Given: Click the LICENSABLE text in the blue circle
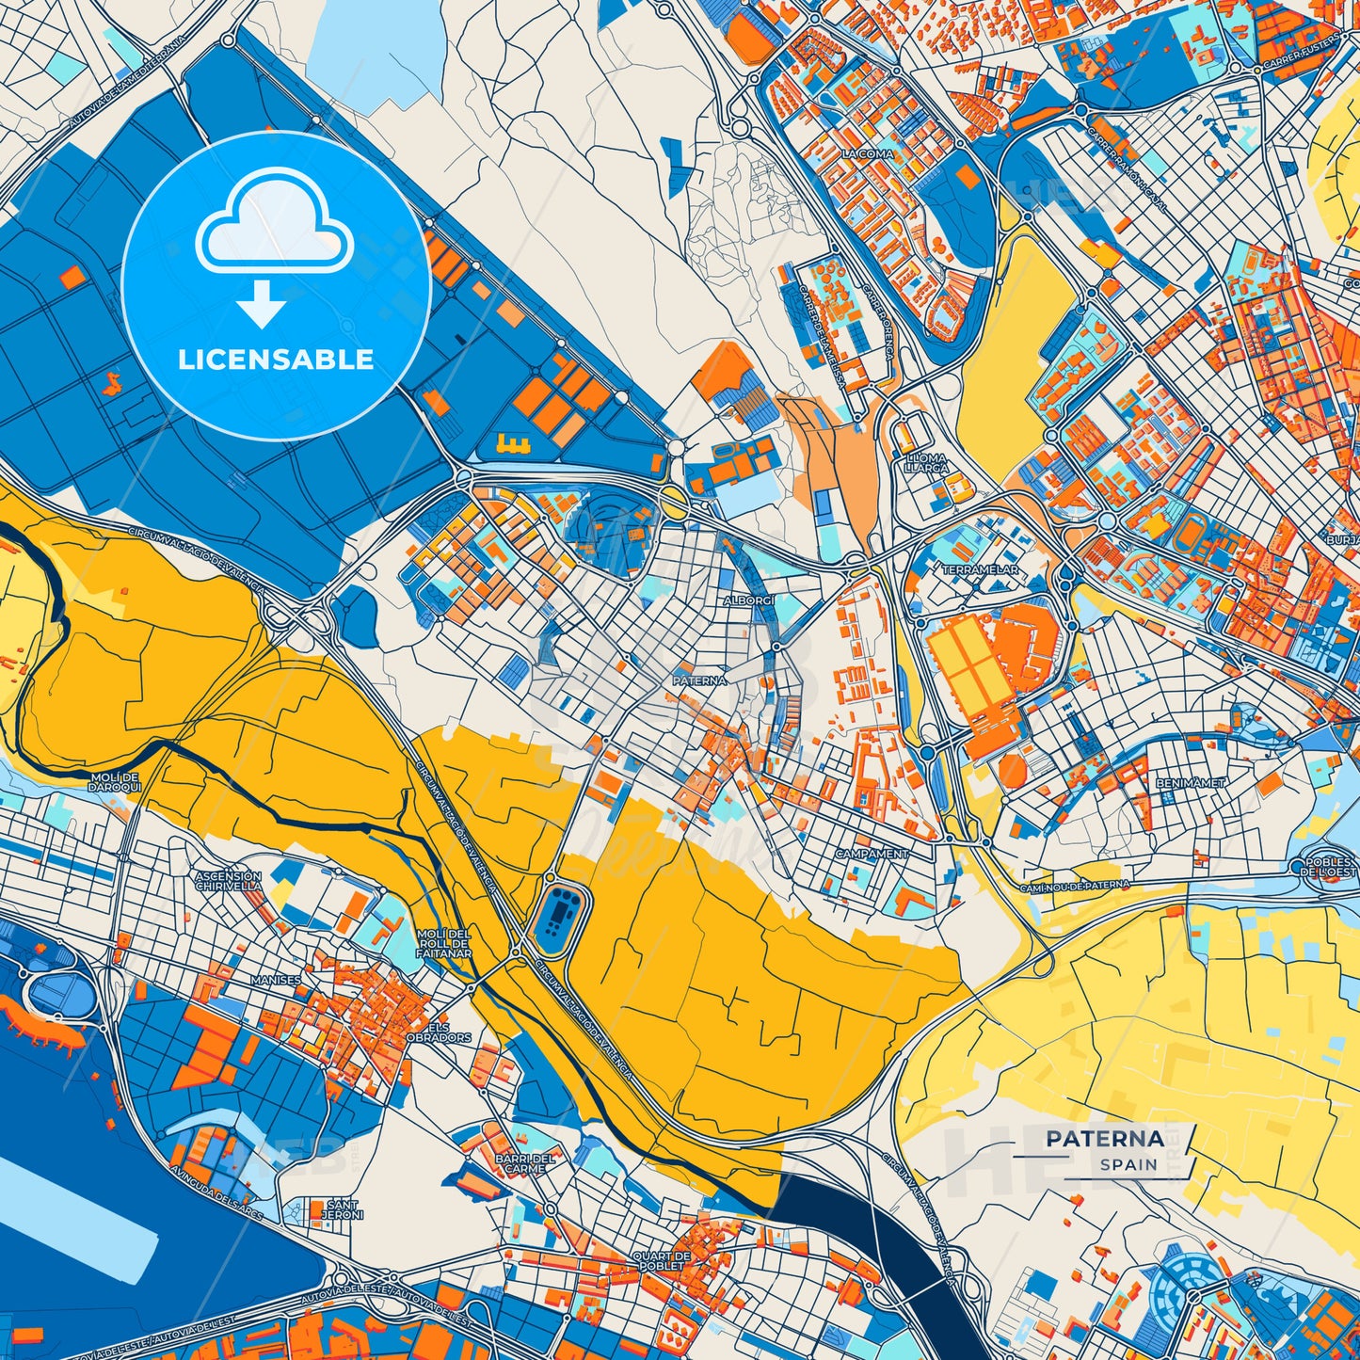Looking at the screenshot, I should (x=276, y=360).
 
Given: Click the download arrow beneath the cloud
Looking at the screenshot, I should (x=263, y=304).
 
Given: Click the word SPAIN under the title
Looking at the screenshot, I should (x=1129, y=1164).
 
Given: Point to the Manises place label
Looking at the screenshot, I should (x=276, y=980).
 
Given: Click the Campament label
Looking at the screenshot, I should (x=872, y=854).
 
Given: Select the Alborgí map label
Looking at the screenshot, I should (x=749, y=600).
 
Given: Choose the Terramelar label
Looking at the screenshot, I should (x=980, y=569).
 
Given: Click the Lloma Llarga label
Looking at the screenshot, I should (x=925, y=462).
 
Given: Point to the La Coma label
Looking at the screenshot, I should (x=867, y=153).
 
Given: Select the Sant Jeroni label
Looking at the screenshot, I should (x=343, y=1209).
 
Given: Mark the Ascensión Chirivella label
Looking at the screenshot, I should (x=229, y=880).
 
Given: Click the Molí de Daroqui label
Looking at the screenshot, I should (x=116, y=782).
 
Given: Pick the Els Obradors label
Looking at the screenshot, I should (x=449, y=1032).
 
